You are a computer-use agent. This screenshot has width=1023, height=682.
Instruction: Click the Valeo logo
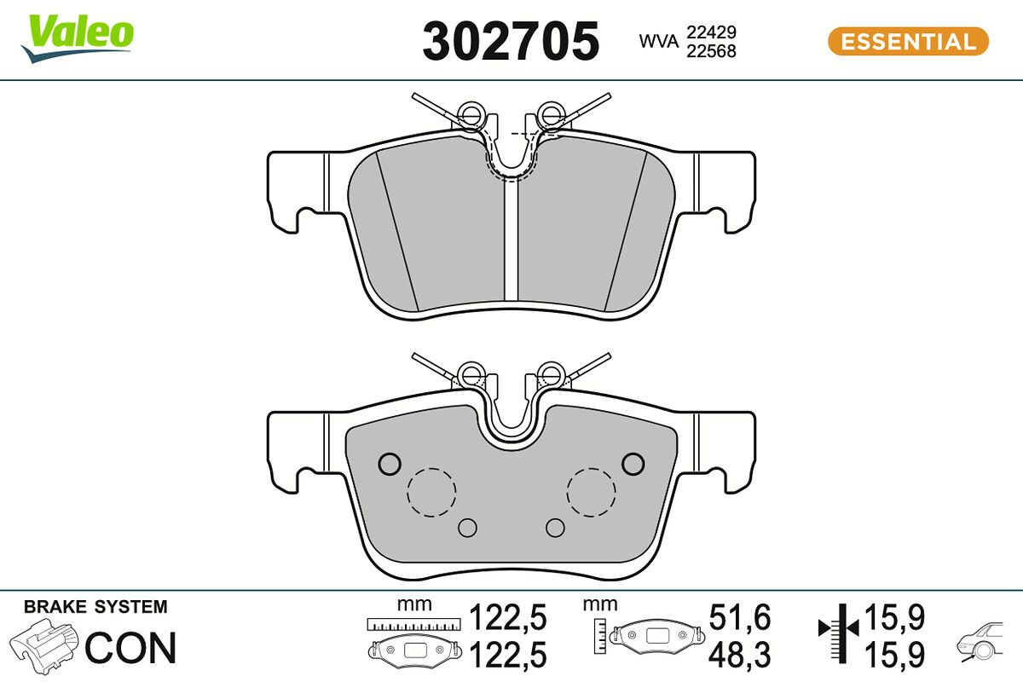[78, 38]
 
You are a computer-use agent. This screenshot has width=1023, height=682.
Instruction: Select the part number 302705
[511, 42]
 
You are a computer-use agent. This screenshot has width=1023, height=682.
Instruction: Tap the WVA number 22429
[711, 32]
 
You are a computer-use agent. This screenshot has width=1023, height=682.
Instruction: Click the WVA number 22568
[711, 51]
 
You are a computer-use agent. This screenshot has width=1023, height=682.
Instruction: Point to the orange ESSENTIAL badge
[908, 42]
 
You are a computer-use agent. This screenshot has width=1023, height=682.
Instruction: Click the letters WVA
[658, 42]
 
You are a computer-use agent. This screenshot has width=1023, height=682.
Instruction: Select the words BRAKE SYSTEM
[95, 607]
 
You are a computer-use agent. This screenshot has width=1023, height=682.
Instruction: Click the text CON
[130, 648]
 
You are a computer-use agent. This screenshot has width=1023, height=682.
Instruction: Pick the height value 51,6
[740, 617]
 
